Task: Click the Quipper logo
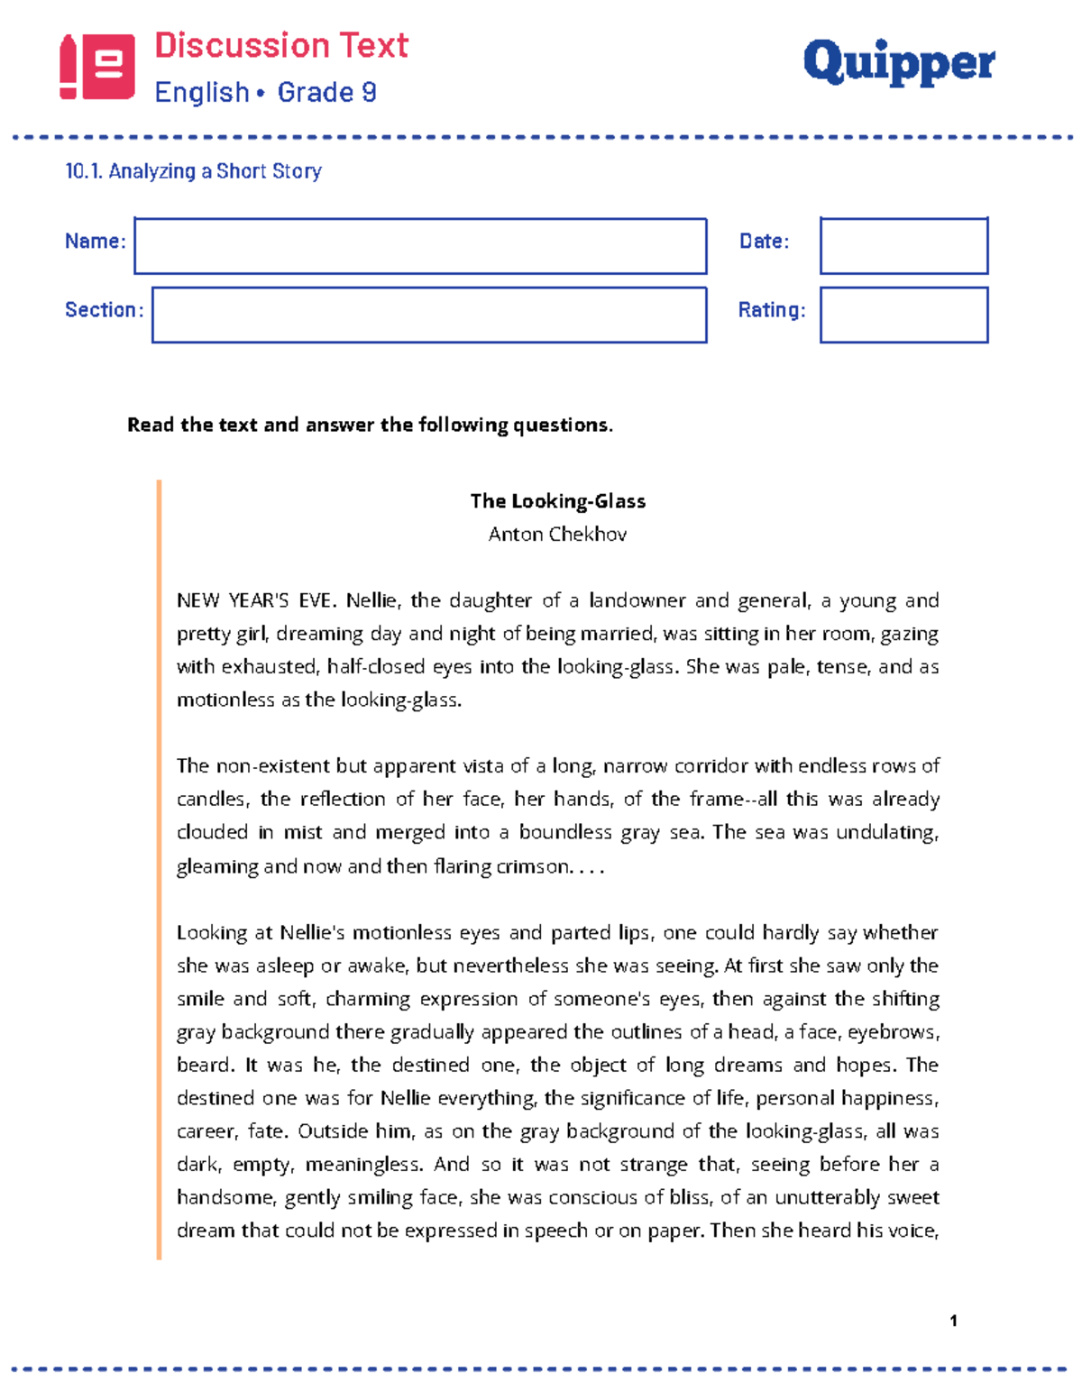click(x=898, y=63)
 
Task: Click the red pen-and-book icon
click(x=97, y=67)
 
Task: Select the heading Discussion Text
click(x=281, y=45)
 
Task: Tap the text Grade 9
click(x=326, y=92)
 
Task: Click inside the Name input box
click(x=420, y=246)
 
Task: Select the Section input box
click(x=429, y=315)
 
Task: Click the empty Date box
click(x=903, y=246)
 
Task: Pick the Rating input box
click(x=903, y=315)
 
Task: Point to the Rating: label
click(x=772, y=310)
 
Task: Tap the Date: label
click(x=764, y=242)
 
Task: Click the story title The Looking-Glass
click(x=557, y=501)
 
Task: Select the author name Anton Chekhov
click(x=557, y=535)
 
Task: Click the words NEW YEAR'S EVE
click(x=255, y=601)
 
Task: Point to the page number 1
click(x=953, y=1321)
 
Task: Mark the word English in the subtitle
click(x=201, y=92)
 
